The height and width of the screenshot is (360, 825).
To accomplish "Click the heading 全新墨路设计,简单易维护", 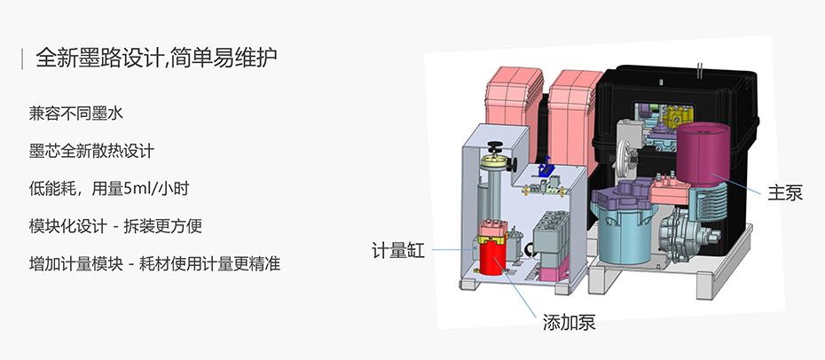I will point(156,59).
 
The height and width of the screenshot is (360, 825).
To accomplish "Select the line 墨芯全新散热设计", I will point(90,151).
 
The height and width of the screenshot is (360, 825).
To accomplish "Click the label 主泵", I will point(784,192).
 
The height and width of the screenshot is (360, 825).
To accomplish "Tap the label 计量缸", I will point(397,251).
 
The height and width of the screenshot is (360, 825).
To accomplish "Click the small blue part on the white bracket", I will point(547,167).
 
